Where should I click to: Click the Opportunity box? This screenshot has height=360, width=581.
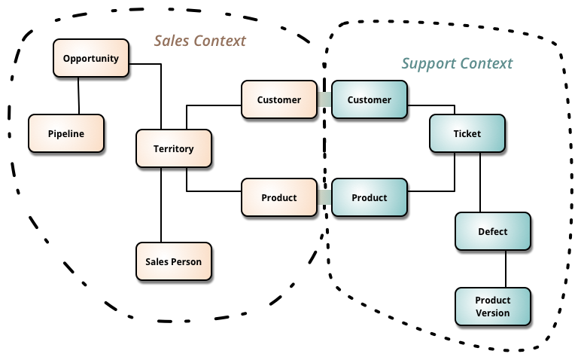pos(91,58)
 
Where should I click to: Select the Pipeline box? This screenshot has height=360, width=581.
pos(66,133)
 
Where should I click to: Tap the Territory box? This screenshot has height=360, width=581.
pos(174,148)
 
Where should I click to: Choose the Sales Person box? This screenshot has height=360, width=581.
pos(174,261)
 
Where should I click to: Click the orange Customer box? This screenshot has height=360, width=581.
pos(279,99)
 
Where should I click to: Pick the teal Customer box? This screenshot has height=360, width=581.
pos(370,99)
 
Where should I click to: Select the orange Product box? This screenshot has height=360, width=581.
pos(279,197)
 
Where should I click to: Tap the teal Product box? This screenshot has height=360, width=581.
pos(370,197)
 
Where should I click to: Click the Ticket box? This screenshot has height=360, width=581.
pos(467,133)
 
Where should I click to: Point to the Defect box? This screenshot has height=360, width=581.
pos(493,231)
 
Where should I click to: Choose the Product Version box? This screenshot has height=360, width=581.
pos(493,307)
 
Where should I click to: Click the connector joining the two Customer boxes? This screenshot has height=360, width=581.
pos(324,99)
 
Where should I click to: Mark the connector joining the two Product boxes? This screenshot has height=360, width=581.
pos(324,197)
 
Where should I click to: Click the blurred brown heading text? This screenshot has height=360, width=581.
pos(199,40)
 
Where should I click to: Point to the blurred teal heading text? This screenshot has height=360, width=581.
pos(456,63)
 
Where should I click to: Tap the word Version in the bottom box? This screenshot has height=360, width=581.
pos(493,313)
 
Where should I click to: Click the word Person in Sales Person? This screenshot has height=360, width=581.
pos(187,261)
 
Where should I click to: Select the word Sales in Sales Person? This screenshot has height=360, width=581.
pos(158,261)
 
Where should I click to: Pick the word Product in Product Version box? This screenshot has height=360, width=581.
pos(493,300)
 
